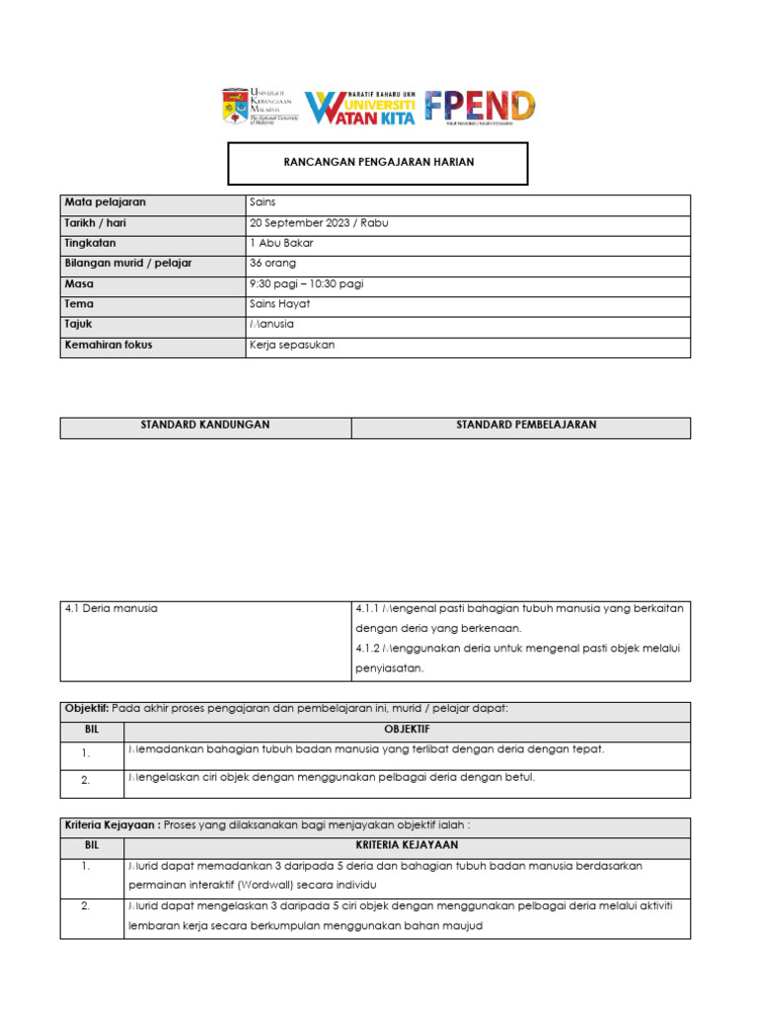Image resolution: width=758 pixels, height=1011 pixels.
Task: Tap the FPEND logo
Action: [480, 106]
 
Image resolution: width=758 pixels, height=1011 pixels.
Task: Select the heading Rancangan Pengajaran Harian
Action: [378, 162]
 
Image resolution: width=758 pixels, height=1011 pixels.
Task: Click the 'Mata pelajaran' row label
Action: [106, 202]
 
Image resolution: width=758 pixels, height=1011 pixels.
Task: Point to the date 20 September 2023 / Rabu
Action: [320, 223]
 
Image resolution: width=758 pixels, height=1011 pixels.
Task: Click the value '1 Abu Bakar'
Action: [282, 243]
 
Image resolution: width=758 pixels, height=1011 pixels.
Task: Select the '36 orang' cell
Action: [273, 264]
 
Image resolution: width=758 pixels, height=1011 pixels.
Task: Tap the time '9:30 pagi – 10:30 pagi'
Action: [307, 284]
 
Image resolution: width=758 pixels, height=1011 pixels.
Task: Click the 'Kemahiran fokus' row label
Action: [109, 346]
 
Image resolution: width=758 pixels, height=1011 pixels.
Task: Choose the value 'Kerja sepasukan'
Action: [293, 346]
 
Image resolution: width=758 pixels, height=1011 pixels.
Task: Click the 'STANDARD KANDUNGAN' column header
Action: [205, 426]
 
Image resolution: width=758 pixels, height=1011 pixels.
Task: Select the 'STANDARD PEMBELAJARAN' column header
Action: [526, 426]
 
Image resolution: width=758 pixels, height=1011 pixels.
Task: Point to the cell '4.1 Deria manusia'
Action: [112, 609]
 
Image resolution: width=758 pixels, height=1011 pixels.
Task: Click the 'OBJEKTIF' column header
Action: [407, 731]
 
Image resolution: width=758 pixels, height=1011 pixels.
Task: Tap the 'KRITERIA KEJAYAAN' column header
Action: [407, 846]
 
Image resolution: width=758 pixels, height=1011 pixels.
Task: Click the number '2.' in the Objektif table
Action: [87, 780]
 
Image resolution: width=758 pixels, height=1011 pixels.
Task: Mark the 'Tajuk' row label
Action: [80, 325]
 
